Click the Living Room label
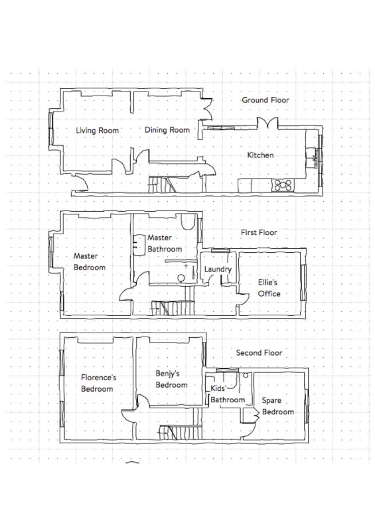point(97,130)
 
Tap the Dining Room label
point(167,129)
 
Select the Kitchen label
point(260,155)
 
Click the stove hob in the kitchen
point(283,185)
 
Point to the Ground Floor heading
point(265,100)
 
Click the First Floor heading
point(259,232)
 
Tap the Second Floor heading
point(259,352)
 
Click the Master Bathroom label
point(165,244)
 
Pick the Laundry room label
point(218,269)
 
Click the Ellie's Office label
point(269,288)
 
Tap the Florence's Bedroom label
point(98,383)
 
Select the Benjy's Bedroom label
point(171,379)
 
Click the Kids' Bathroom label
point(227,394)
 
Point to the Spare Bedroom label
point(278,406)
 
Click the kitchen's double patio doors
point(267,123)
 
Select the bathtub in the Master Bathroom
point(188,221)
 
